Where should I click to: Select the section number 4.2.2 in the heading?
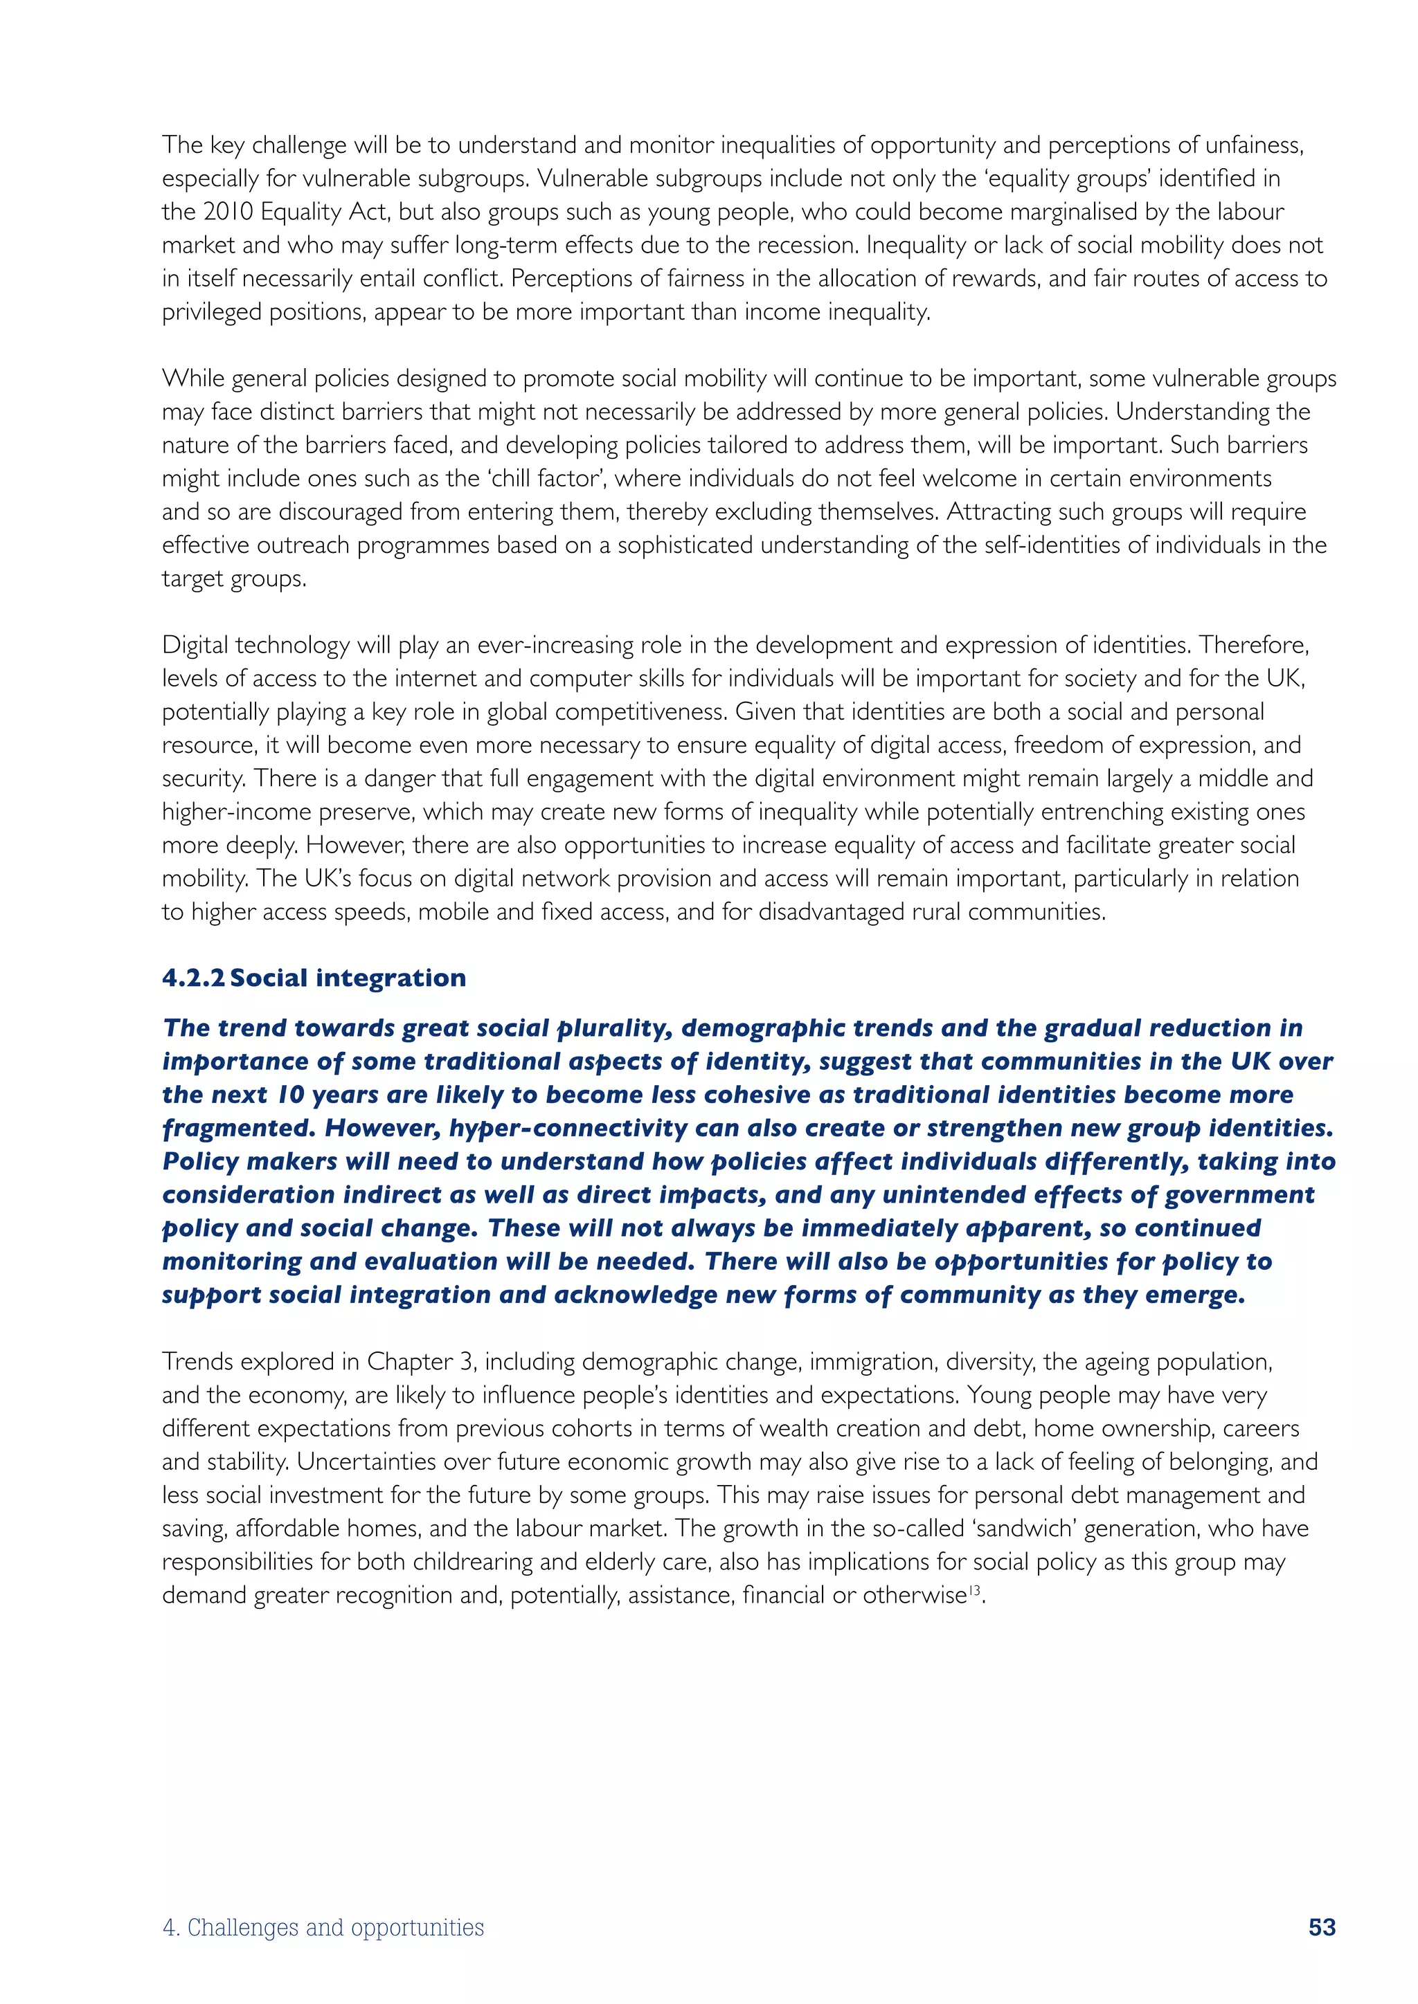click(193, 978)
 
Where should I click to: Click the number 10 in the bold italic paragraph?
click(290, 1095)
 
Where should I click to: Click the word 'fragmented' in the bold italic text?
click(238, 1128)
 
